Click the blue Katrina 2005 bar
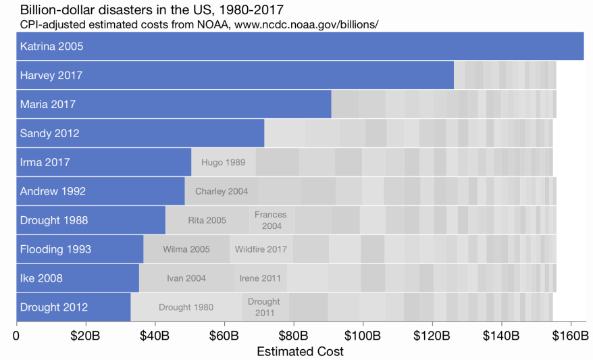(300, 46)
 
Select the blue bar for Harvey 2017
(235, 75)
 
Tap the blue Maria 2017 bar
(174, 104)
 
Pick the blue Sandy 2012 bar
(140, 133)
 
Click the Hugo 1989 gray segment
(223, 162)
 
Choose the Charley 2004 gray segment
(221, 191)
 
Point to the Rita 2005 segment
(207, 220)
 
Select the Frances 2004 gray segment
(271, 220)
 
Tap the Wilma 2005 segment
(186, 249)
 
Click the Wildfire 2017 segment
(261, 249)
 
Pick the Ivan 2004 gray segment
(186, 278)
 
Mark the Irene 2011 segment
(260, 278)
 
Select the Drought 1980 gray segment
(186, 307)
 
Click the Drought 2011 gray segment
(265, 307)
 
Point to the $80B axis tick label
(293, 335)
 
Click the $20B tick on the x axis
(85, 335)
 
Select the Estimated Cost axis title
(300, 351)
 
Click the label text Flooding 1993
(55, 249)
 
